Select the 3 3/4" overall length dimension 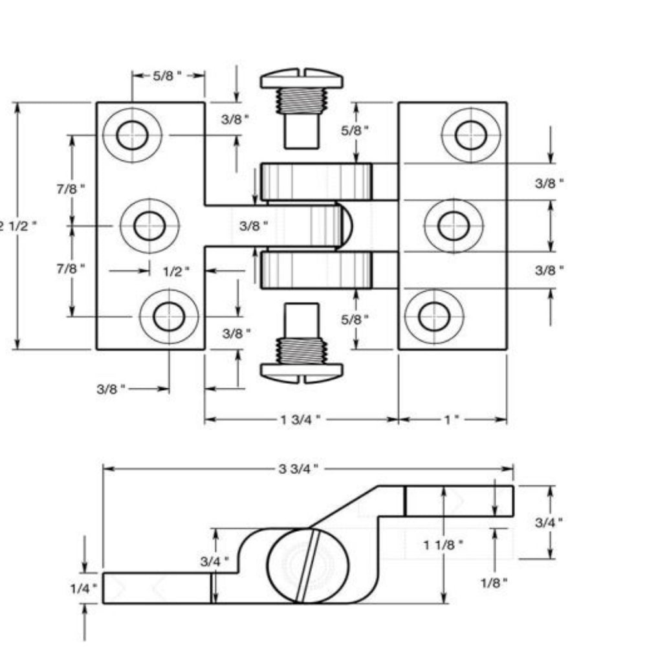[298, 468]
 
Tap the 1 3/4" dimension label [300, 419]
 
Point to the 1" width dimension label [452, 419]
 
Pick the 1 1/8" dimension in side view [444, 545]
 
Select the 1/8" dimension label [494, 582]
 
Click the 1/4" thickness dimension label [83, 588]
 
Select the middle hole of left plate [149, 225]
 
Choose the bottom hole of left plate [169, 316]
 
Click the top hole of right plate [470, 135]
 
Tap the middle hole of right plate [453, 225]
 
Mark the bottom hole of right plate [433, 316]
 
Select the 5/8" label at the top [168, 76]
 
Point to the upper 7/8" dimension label [71, 189]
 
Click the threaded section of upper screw [301, 101]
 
